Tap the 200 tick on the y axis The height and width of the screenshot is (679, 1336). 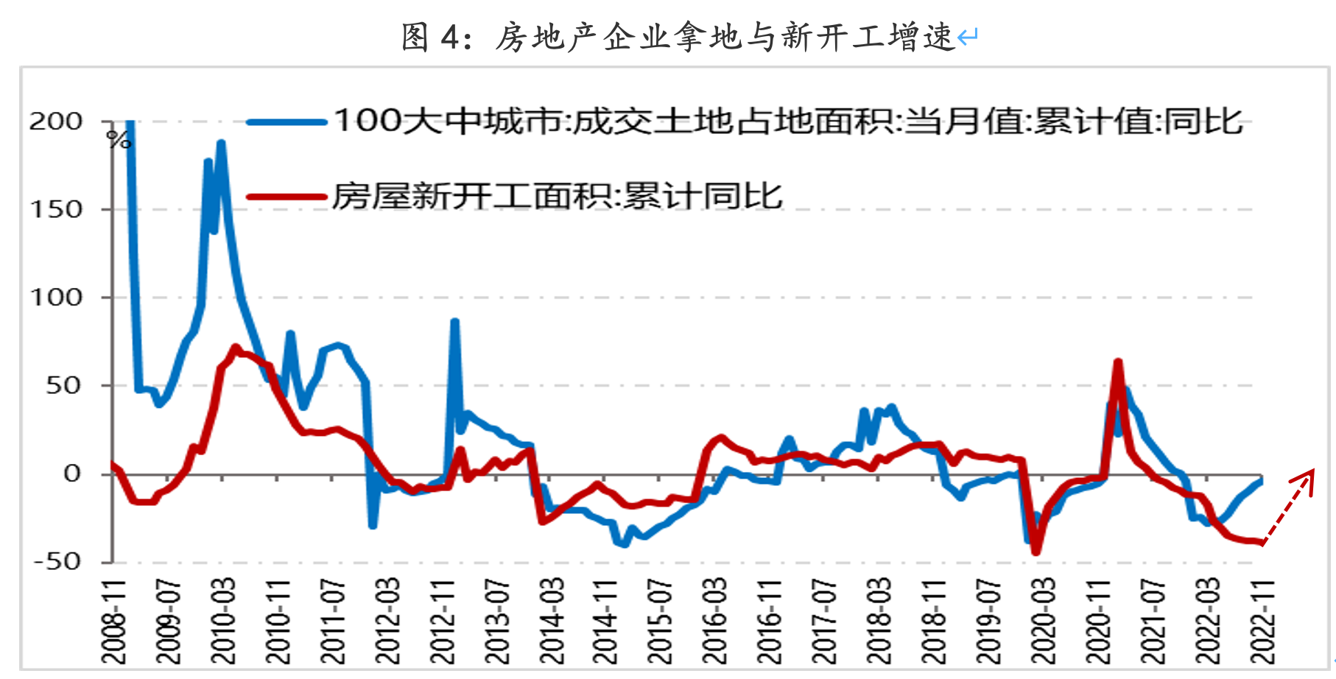[x=55, y=122]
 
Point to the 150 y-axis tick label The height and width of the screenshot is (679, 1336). [x=55, y=209]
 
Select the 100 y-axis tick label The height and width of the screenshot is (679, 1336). [x=55, y=298]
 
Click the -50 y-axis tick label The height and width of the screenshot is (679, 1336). [x=55, y=561]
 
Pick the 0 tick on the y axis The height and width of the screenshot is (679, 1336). [x=71, y=474]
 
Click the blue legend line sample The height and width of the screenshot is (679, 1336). [x=286, y=122]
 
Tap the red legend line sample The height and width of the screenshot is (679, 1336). [x=286, y=197]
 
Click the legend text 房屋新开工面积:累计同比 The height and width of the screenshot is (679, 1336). [x=557, y=197]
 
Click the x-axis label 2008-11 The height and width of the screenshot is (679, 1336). [x=114, y=622]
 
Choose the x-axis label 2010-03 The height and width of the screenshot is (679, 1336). [x=222, y=622]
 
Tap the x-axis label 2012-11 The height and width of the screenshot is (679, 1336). [x=442, y=622]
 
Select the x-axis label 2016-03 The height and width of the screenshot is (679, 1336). [x=714, y=622]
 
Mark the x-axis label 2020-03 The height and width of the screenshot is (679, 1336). [x=1043, y=622]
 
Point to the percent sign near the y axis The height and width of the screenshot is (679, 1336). [x=119, y=139]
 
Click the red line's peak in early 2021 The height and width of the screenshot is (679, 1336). [x=1118, y=362]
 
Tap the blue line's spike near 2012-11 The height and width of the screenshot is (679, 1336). [x=454, y=322]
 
